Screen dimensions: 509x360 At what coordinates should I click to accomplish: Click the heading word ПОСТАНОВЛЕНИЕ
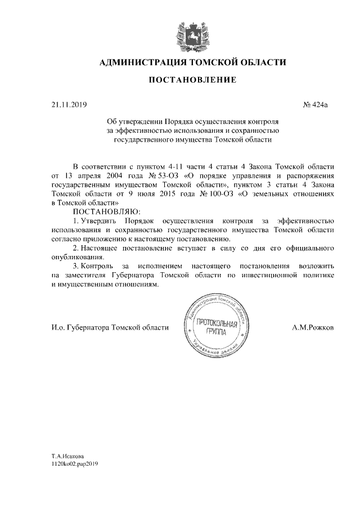192,81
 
